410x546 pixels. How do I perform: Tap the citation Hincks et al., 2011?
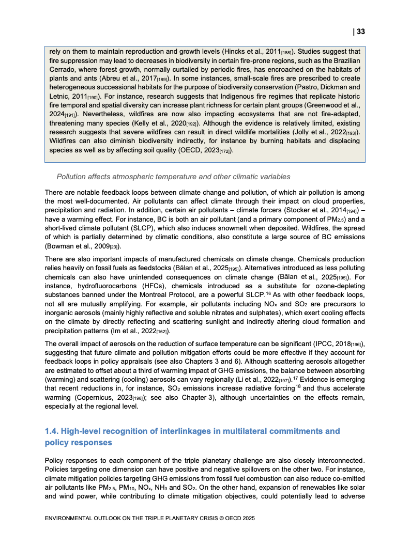tap(253, 52)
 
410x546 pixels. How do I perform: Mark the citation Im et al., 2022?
tap(135, 331)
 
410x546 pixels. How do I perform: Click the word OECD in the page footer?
tap(219, 518)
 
